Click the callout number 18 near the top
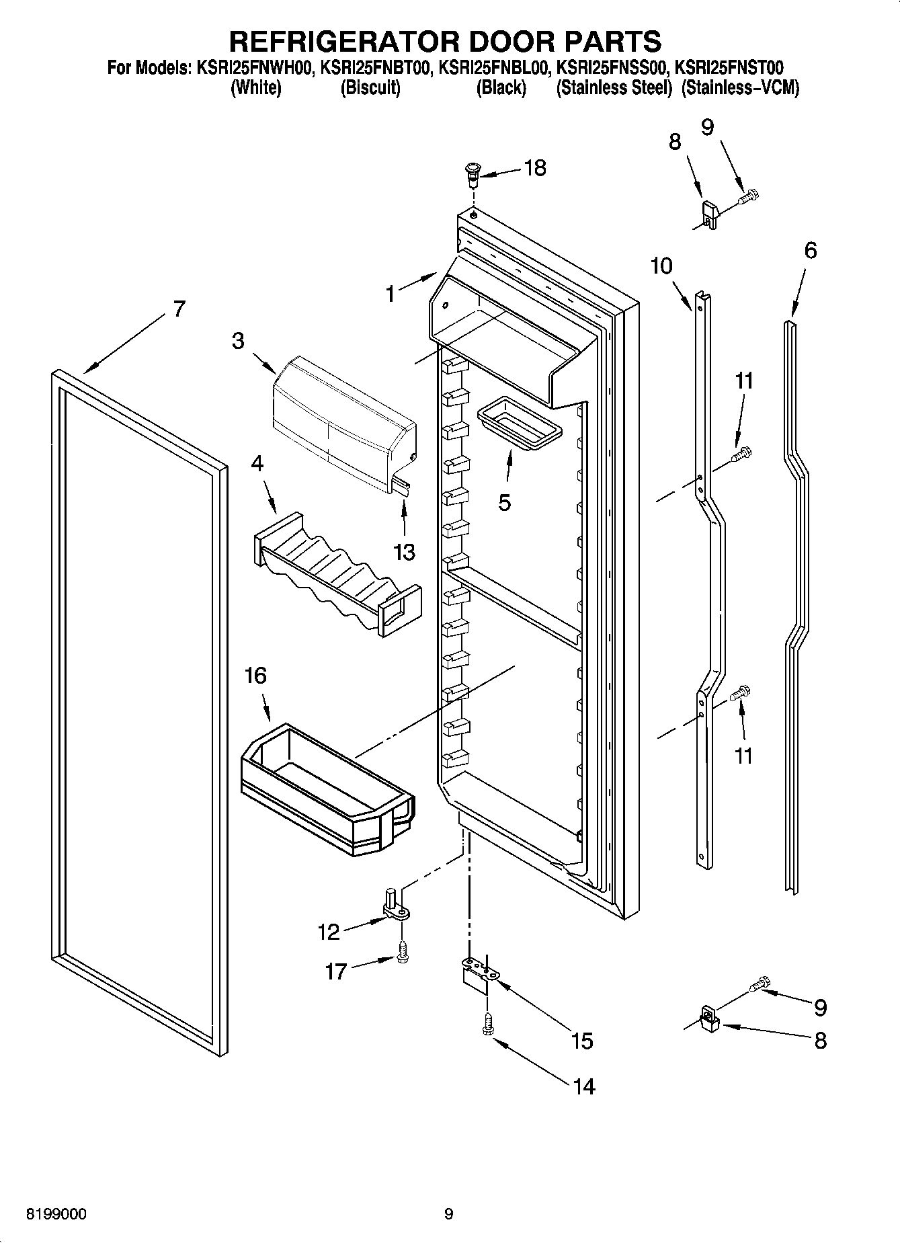click(x=535, y=168)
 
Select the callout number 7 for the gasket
click(x=178, y=309)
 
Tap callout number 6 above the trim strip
click(x=811, y=251)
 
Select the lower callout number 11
click(x=743, y=756)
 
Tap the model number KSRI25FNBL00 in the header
click(x=494, y=68)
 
